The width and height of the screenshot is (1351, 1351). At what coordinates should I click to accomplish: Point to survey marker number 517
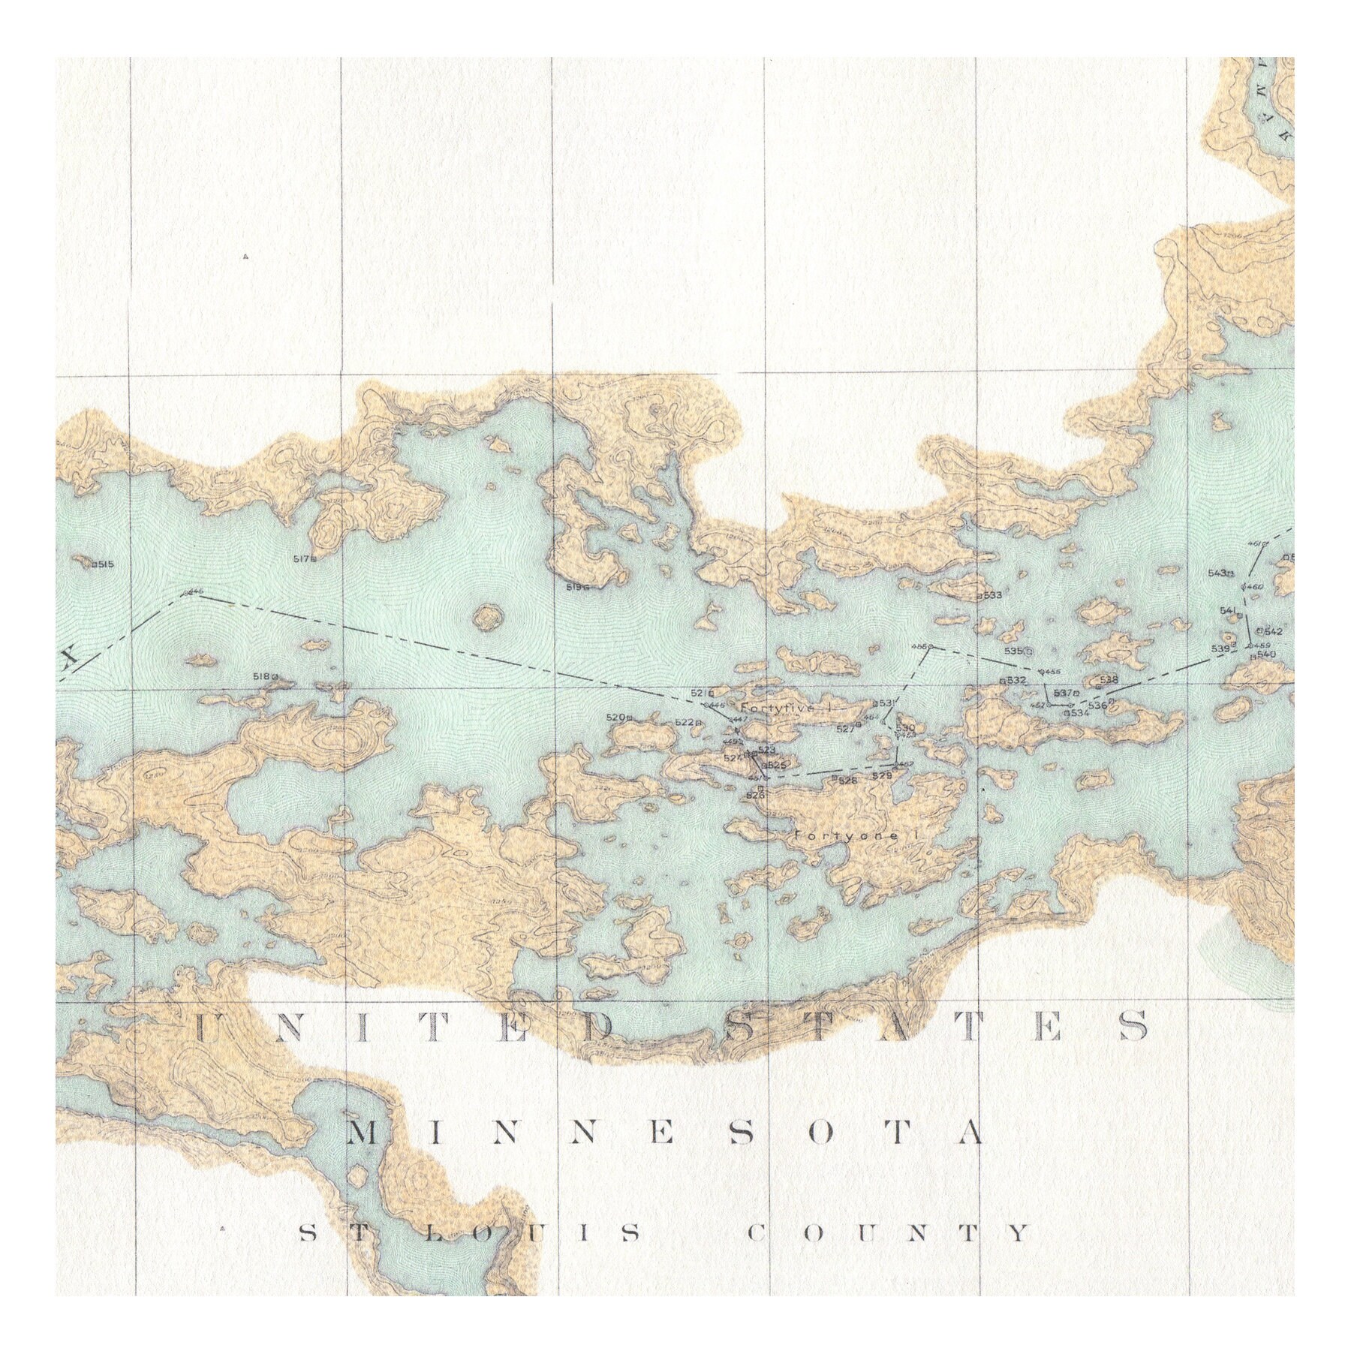click(x=305, y=558)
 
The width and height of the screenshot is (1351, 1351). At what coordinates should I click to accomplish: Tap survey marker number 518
click(x=265, y=676)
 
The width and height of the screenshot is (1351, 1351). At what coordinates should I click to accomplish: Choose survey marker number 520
click(x=619, y=718)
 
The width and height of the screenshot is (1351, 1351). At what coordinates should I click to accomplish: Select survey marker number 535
click(x=1017, y=651)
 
